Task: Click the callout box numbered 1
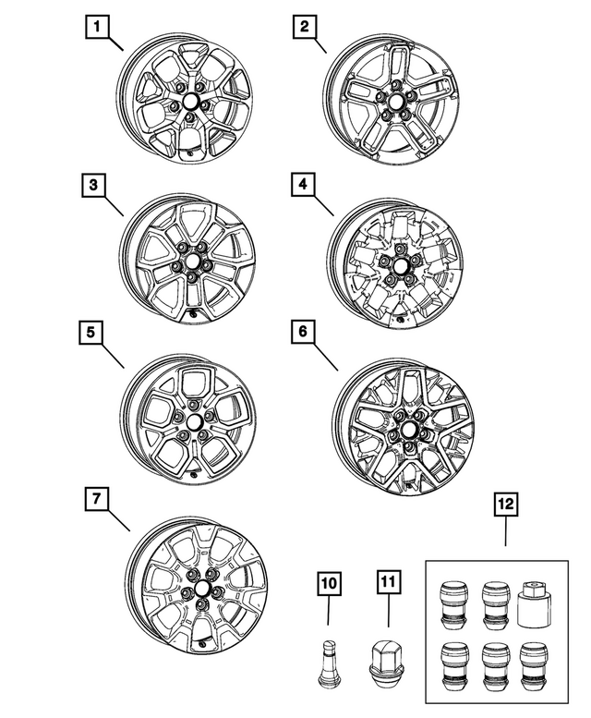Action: click(x=96, y=27)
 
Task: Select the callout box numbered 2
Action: click(x=305, y=27)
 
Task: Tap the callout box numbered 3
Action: click(x=93, y=186)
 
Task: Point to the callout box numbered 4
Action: click(x=303, y=185)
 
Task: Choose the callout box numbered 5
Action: click(x=90, y=332)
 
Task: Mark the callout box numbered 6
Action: click(x=303, y=331)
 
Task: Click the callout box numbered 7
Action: click(x=96, y=499)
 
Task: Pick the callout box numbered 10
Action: click(x=329, y=583)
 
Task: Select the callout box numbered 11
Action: click(x=388, y=582)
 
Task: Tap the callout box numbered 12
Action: click(x=506, y=505)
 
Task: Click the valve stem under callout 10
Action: click(x=327, y=663)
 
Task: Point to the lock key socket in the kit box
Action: click(x=534, y=602)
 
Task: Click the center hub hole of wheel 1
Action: click(x=188, y=100)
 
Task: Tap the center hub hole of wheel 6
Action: click(x=407, y=430)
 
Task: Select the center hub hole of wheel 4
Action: click(x=400, y=265)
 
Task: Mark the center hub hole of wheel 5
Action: click(x=193, y=421)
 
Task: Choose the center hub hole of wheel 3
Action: click(x=190, y=261)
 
